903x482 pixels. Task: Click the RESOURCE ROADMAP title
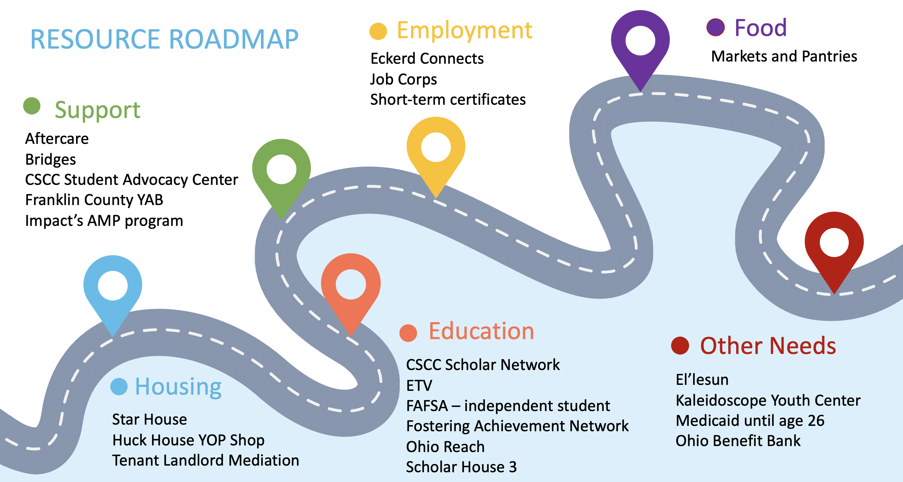[x=164, y=39]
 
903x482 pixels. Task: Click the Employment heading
[x=464, y=31]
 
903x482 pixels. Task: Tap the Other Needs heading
[x=768, y=346]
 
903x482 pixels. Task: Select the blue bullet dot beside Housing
[x=119, y=386]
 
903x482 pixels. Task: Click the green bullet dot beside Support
[x=32, y=106]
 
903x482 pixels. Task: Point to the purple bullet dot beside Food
[x=715, y=27]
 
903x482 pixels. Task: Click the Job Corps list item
[x=403, y=79]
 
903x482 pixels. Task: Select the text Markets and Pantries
[x=784, y=56]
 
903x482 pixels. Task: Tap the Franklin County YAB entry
[x=94, y=200]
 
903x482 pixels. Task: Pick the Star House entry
[x=149, y=419]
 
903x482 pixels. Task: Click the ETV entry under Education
[x=419, y=385]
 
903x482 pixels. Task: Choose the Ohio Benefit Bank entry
[x=738, y=441]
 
